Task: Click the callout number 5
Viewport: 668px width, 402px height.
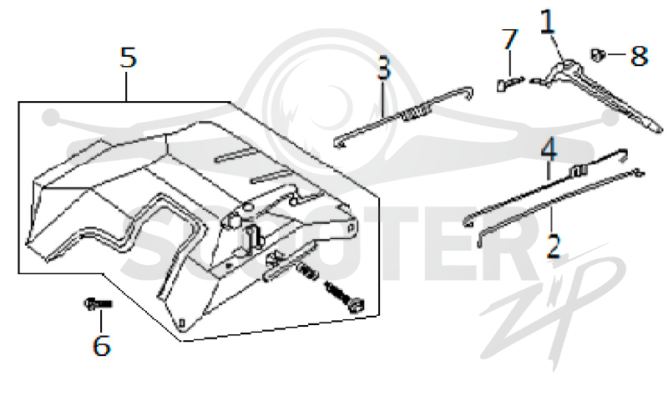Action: pos(128,57)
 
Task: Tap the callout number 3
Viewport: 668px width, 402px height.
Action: pos(383,68)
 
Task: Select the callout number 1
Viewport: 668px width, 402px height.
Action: pos(548,22)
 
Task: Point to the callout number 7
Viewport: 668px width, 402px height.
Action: pos(509,39)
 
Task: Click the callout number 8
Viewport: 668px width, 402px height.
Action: pos(639,55)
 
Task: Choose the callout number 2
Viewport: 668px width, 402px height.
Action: pos(553,247)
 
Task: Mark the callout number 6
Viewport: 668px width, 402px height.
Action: pos(101,345)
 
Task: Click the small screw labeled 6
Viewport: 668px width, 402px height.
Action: pos(98,303)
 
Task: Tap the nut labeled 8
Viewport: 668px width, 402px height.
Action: pos(598,54)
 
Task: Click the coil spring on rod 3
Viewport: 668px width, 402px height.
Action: pos(415,113)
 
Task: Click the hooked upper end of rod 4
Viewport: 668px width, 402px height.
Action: pos(625,155)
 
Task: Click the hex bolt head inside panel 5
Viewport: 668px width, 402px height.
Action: pos(357,305)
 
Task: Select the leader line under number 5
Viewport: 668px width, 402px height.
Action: pos(127,86)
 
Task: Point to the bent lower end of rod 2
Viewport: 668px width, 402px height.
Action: pos(481,238)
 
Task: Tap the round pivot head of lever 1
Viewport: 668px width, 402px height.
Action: pos(564,66)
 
